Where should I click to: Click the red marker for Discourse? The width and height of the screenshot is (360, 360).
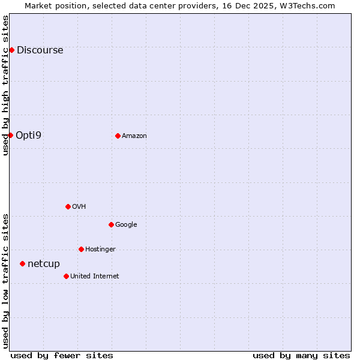point(11,50)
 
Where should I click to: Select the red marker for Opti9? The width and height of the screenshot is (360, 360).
point(10,135)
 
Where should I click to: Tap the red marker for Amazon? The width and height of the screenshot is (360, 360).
point(118,136)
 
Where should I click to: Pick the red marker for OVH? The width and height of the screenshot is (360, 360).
point(68,206)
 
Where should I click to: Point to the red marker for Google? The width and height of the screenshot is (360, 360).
point(111,224)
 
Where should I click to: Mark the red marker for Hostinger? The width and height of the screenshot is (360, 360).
point(81,249)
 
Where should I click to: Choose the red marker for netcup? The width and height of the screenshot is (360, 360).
point(22,263)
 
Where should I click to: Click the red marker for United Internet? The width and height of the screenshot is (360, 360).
point(66,276)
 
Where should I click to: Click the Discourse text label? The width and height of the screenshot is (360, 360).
point(40,50)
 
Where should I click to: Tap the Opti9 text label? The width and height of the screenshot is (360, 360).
point(28,136)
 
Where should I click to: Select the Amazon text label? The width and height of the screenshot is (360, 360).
point(134,136)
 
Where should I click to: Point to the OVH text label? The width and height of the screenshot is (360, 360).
point(79,207)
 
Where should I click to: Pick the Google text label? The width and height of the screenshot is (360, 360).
point(126,225)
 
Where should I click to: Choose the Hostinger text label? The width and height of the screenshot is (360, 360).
point(100,250)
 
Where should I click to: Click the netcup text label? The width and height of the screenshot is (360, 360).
point(44,264)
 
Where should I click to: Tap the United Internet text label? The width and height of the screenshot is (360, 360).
point(94,277)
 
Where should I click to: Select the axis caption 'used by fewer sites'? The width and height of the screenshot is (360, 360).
point(62,355)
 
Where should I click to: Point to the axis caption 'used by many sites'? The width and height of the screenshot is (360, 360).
point(301,355)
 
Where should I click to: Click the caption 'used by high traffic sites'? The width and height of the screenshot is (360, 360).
point(5,85)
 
